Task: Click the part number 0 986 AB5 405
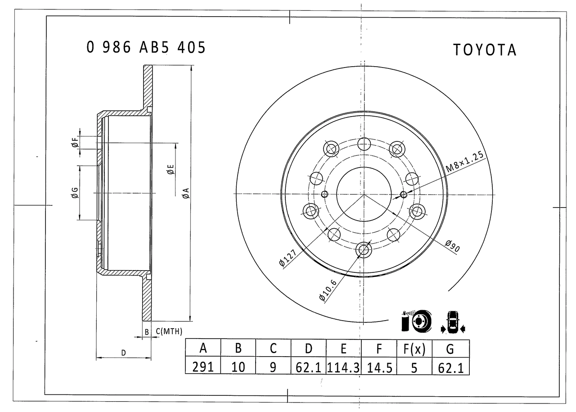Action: coord(146,47)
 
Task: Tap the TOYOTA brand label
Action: coord(485,50)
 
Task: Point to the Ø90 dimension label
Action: coord(453,246)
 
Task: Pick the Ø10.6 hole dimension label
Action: coord(328,290)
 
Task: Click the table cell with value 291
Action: coord(203,367)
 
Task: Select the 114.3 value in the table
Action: coord(343,368)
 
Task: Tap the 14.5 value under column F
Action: coord(379,368)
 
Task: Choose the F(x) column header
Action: coord(414,349)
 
